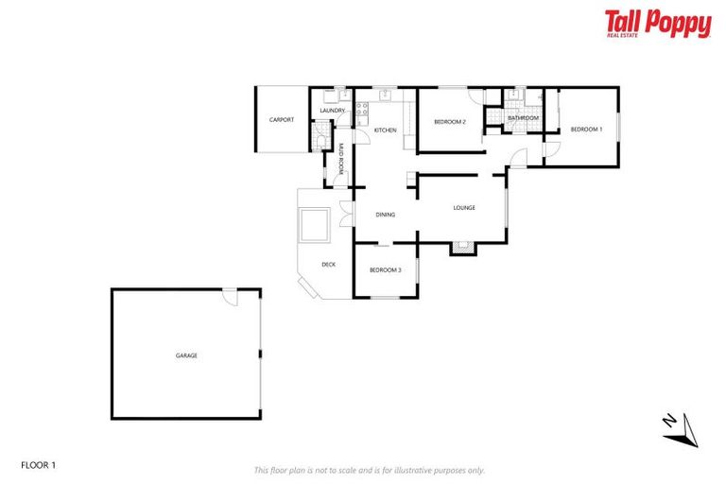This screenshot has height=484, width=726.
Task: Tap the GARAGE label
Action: (x=186, y=355)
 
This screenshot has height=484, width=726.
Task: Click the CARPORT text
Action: (x=281, y=120)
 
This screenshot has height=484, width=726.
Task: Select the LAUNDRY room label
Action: (x=332, y=111)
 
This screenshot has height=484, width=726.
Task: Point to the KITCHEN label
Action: (x=385, y=130)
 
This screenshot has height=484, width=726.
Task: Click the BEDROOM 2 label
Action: (x=450, y=122)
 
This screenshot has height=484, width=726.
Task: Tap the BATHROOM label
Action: (x=523, y=118)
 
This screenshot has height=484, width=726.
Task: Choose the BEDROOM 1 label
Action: (x=586, y=129)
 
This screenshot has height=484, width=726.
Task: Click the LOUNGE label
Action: (x=463, y=207)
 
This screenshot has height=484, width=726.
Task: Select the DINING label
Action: (x=385, y=215)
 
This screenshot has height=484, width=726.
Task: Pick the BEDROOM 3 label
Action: (x=385, y=270)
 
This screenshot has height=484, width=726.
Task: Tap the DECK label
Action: (x=328, y=264)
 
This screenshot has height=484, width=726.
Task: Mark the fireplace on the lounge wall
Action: (x=461, y=248)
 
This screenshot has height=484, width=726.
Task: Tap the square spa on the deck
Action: (x=313, y=226)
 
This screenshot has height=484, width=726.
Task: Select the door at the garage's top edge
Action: (x=230, y=296)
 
